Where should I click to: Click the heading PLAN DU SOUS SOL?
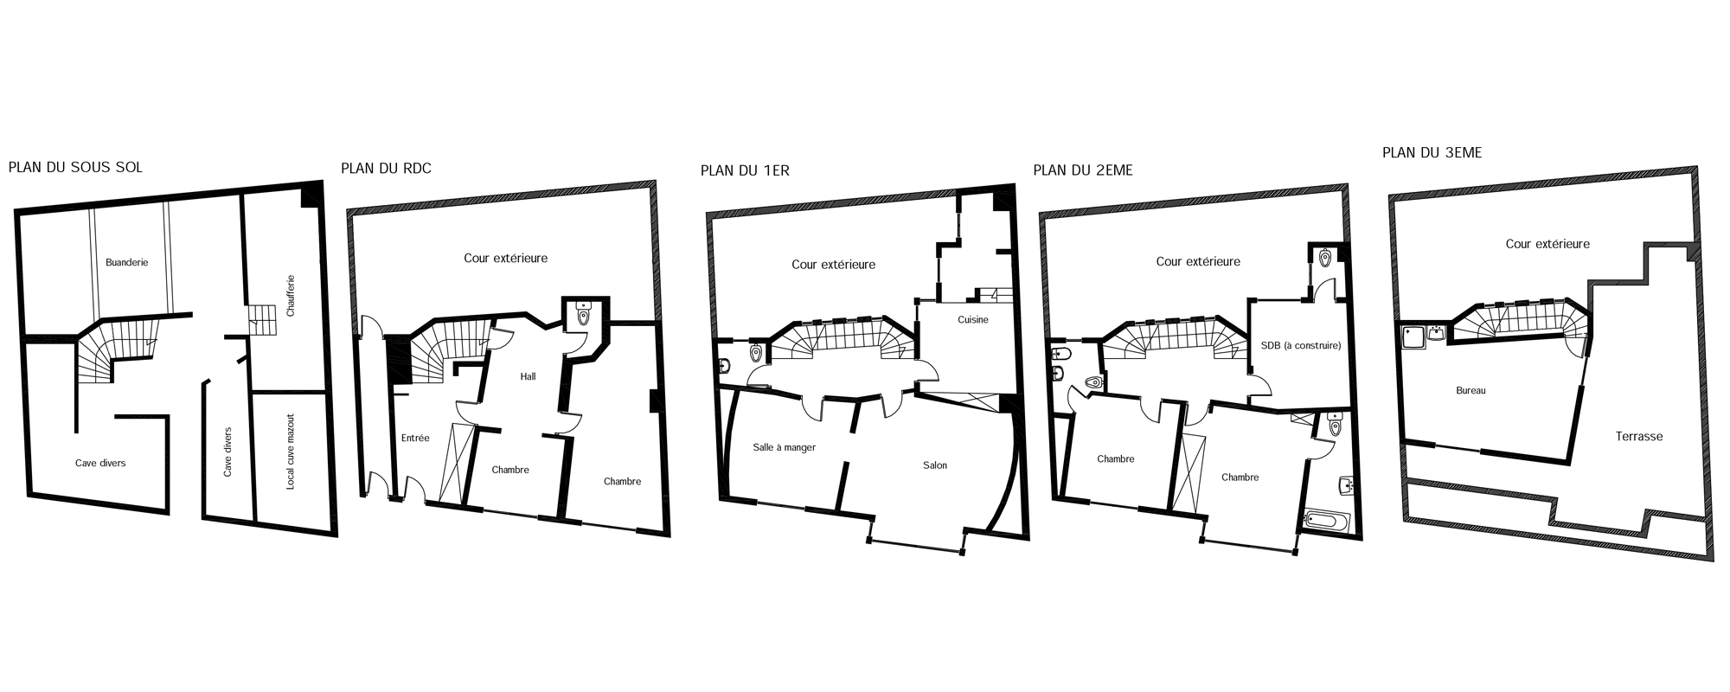pos(75,167)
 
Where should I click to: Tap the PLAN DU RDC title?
pos(386,168)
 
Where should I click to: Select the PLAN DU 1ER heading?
pos(745,170)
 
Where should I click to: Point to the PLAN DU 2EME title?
pos(1083,170)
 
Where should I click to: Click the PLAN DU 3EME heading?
pos(1432,153)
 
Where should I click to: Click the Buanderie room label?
pos(127,262)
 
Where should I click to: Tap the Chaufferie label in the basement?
pos(291,296)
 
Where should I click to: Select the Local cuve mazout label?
pos(291,450)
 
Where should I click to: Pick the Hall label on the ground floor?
pos(528,376)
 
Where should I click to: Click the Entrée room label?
pos(415,438)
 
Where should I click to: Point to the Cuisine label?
pos(973,320)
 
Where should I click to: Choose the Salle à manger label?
pos(785,448)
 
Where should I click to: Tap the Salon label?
pos(935,465)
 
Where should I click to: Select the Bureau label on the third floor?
pos(1470,391)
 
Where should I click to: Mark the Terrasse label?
pos(1639,437)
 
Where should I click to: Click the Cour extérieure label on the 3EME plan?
pos(1547,244)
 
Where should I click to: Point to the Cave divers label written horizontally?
pos(100,464)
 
